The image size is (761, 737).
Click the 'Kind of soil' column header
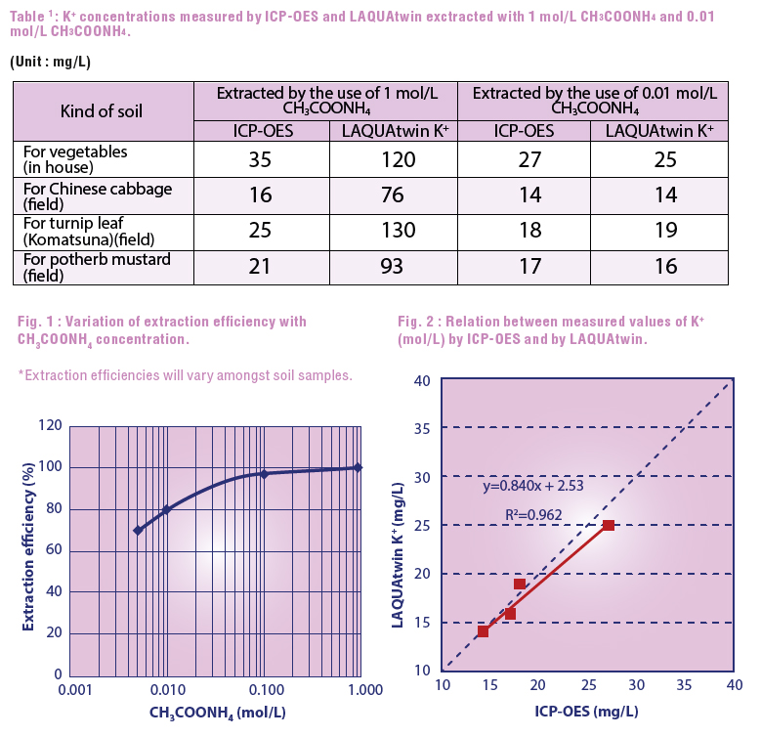tap(102, 110)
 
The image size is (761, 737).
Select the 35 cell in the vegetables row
tap(260, 159)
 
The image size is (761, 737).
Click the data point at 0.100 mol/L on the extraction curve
tap(264, 474)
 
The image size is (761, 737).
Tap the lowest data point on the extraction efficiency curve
tap(138, 530)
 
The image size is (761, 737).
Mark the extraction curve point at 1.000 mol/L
tap(359, 467)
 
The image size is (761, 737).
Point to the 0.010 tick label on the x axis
tap(167, 689)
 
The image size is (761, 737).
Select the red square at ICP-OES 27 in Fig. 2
tap(609, 526)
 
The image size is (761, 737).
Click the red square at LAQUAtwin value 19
tap(520, 584)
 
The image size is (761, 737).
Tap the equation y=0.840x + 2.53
tap(534, 486)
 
